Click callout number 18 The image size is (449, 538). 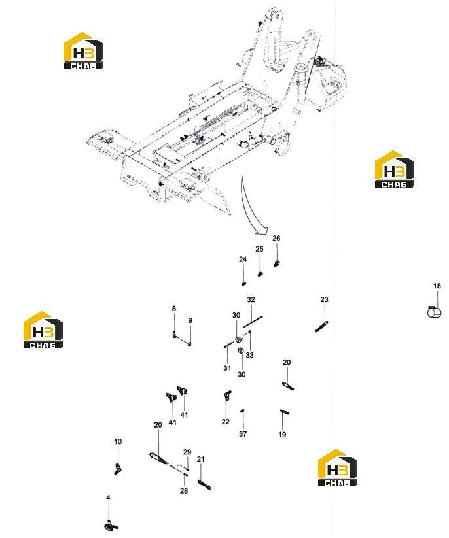(437, 286)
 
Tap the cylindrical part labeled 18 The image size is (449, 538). (434, 312)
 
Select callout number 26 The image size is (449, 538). (276, 238)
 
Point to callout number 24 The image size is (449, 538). (243, 260)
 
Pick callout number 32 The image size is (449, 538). (251, 299)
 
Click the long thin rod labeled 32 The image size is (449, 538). (253, 322)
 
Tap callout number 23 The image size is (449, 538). (324, 299)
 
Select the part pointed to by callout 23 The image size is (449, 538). (322, 326)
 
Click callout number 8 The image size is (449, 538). (174, 309)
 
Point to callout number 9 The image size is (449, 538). (190, 320)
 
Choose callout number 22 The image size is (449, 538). (225, 422)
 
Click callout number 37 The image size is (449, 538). (243, 434)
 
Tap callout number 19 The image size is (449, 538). (282, 435)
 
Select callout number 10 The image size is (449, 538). (118, 442)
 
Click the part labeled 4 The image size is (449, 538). (111, 526)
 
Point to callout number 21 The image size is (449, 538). (201, 459)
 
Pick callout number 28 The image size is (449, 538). (184, 491)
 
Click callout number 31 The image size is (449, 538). (227, 368)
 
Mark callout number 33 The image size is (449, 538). (250, 355)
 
